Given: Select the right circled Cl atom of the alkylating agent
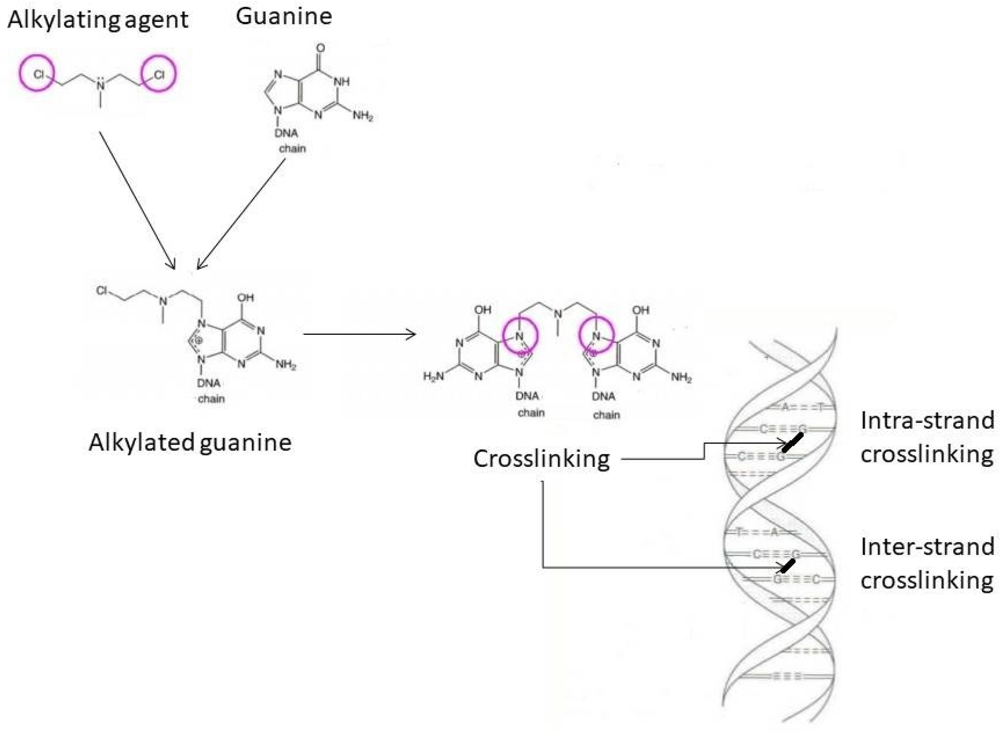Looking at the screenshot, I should coord(159,74).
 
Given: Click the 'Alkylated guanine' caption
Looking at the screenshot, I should coord(190,443).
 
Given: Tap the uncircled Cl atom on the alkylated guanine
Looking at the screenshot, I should coord(102,290).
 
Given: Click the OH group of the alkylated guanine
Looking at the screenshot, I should coord(245,298).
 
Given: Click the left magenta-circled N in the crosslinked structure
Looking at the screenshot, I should coord(520,336).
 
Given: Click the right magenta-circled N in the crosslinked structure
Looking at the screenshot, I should coord(596,336).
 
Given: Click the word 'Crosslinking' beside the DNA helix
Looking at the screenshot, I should coord(541,459).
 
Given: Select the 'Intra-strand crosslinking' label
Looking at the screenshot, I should coord(927,437).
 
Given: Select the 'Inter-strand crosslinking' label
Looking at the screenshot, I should coord(927,563).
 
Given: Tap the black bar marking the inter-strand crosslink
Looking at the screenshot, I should coord(788,566).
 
